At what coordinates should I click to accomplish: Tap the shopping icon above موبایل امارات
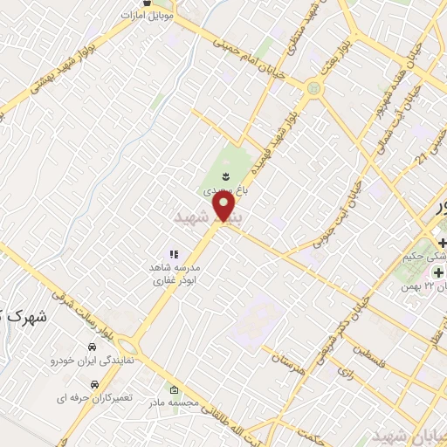[158, 3]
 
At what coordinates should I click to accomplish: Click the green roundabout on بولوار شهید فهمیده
[313, 88]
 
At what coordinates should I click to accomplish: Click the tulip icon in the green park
[224, 176]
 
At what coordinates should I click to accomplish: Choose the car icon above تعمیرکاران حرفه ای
[93, 384]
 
